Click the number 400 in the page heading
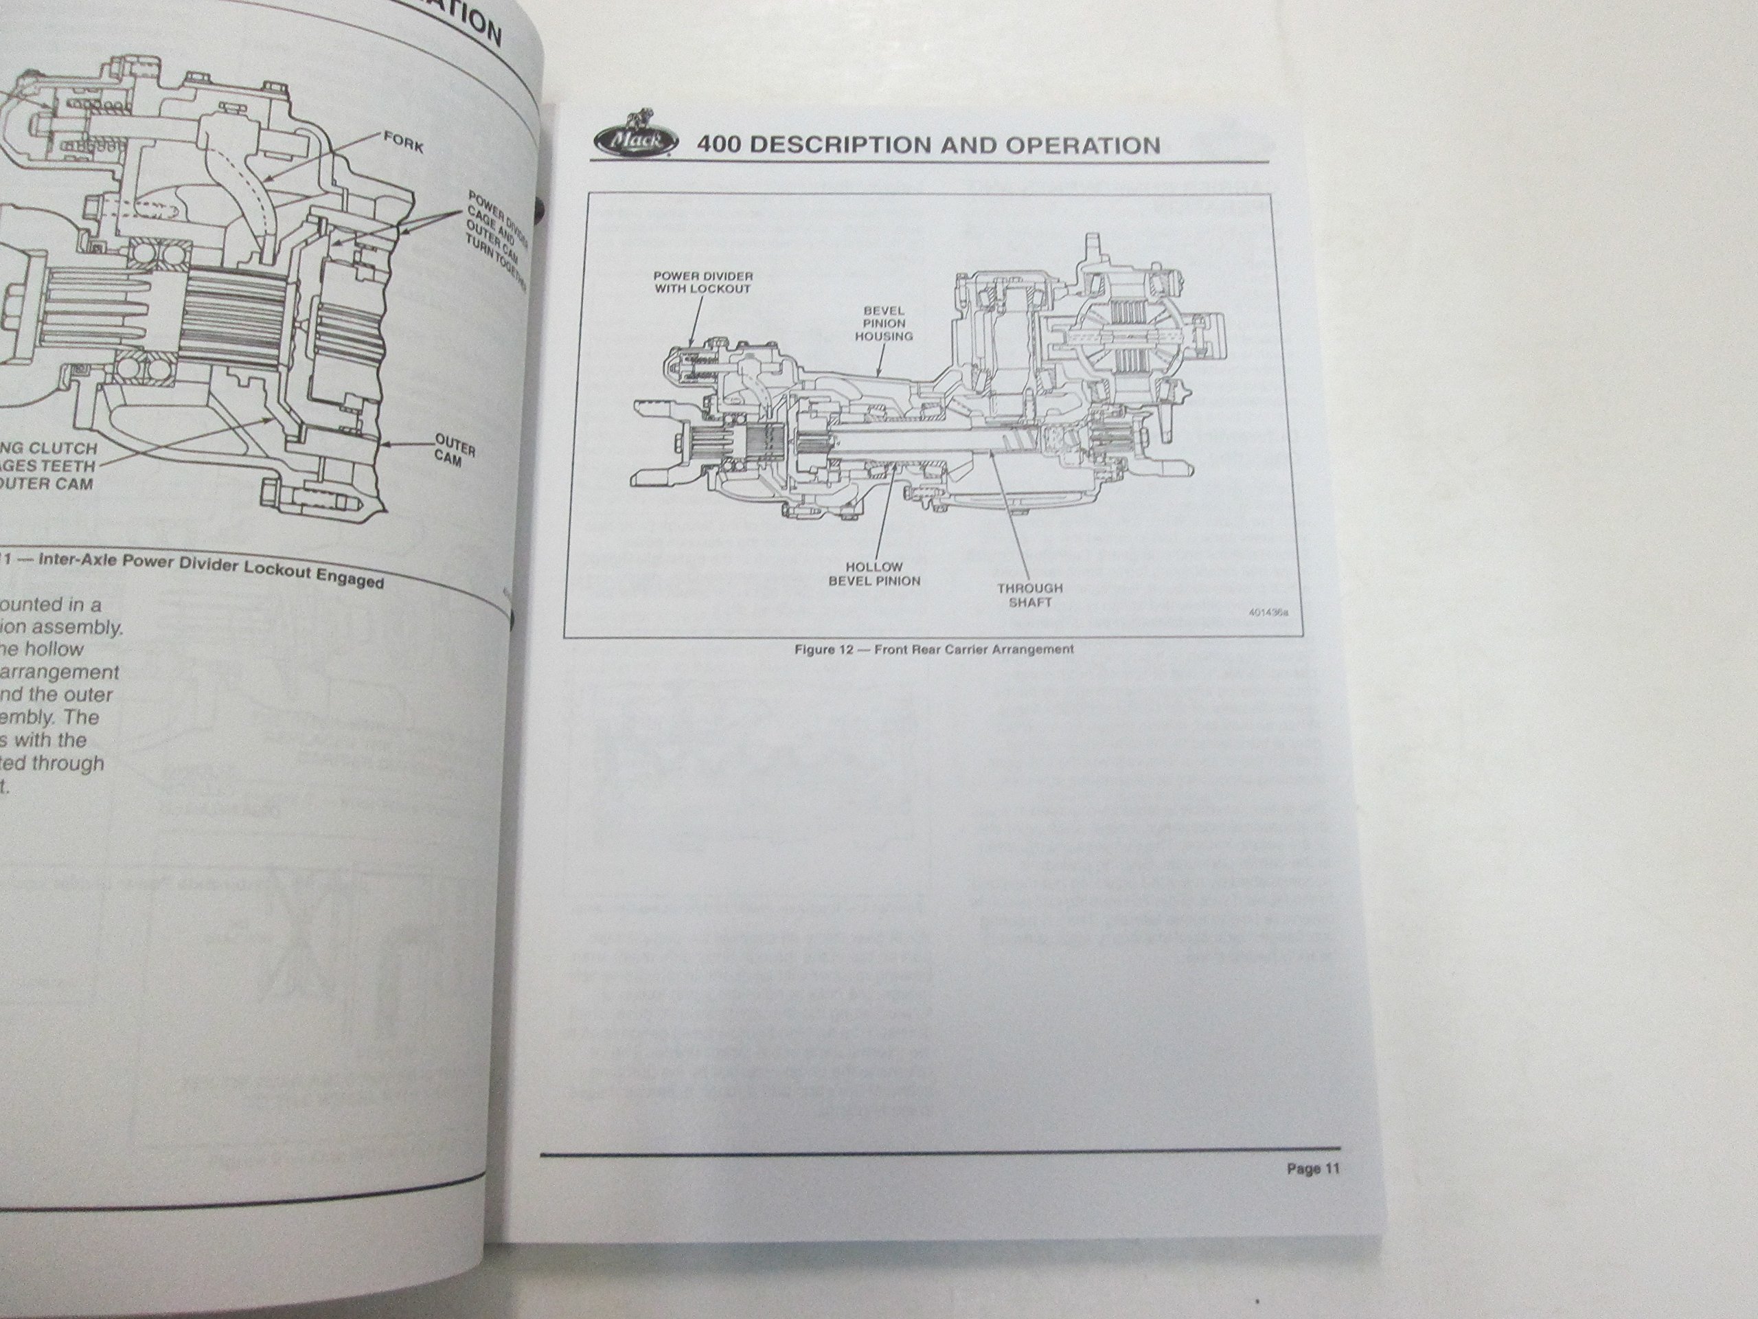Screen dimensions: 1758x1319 721,145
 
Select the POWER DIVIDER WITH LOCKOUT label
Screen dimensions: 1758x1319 702,282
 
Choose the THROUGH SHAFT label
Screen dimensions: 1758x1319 1030,595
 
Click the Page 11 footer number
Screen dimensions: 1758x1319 1312,1169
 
